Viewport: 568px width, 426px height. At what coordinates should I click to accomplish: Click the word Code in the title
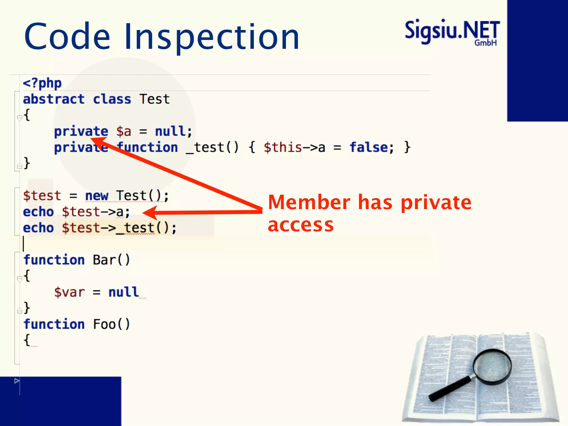pos(67,37)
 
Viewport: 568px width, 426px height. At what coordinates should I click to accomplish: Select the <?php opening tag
pos(42,83)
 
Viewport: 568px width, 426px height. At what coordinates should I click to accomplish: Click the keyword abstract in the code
pos(54,99)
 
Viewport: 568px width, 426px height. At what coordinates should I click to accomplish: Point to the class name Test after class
pos(154,99)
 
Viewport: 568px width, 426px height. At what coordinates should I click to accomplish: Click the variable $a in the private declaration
pos(124,131)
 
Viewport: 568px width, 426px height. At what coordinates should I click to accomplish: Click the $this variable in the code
pos(282,147)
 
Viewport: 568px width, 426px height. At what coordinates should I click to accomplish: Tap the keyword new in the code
pos(97,196)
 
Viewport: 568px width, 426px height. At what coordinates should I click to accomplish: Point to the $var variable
pos(69,292)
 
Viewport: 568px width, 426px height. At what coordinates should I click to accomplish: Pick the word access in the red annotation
pos(301,225)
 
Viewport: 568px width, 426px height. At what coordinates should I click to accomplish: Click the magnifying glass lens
pos(492,366)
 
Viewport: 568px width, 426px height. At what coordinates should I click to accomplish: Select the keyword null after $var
pos(124,292)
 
